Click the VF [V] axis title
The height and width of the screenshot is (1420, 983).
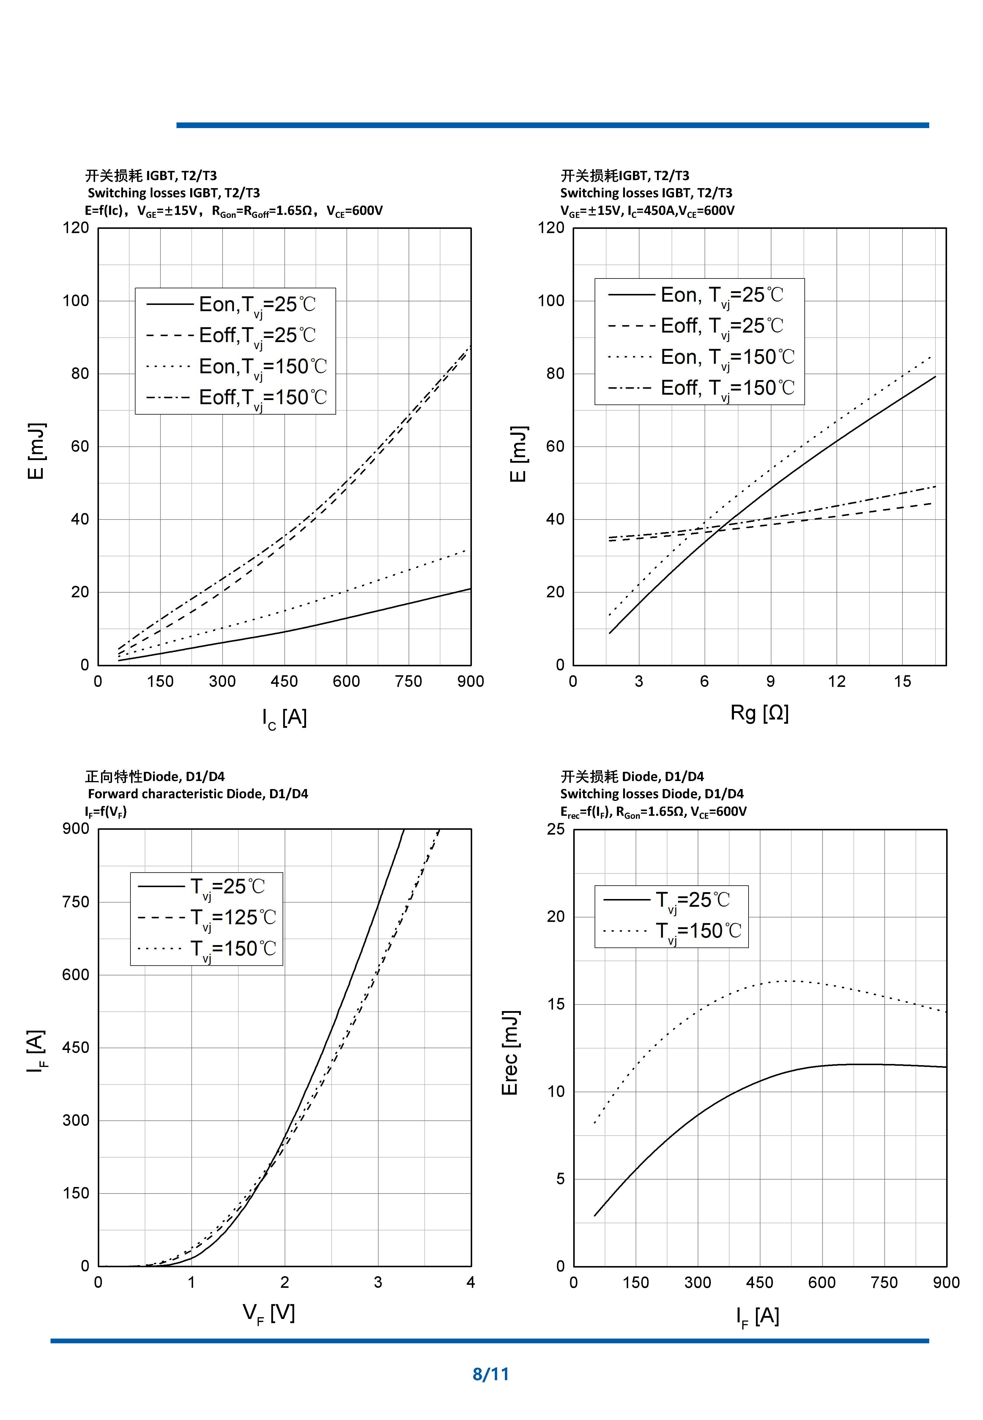pos(269,1313)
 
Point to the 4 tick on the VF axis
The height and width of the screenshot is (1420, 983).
pos(471,1282)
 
